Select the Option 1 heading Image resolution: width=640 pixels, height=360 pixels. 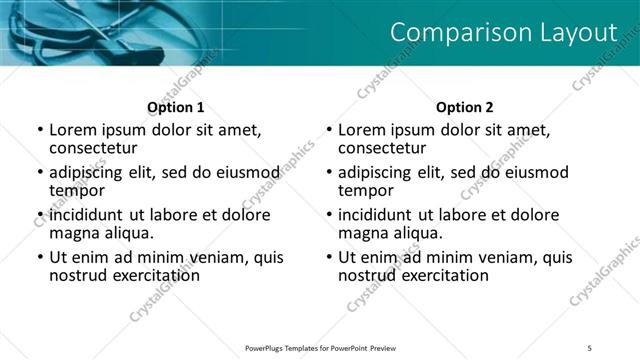(x=176, y=107)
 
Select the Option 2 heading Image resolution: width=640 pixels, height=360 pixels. (x=465, y=107)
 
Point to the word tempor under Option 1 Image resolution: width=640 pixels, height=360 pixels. (x=77, y=190)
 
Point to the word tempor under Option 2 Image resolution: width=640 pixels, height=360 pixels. (x=366, y=190)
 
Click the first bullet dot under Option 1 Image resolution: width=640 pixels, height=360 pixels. (x=39, y=130)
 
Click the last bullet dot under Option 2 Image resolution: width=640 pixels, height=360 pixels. (x=328, y=257)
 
